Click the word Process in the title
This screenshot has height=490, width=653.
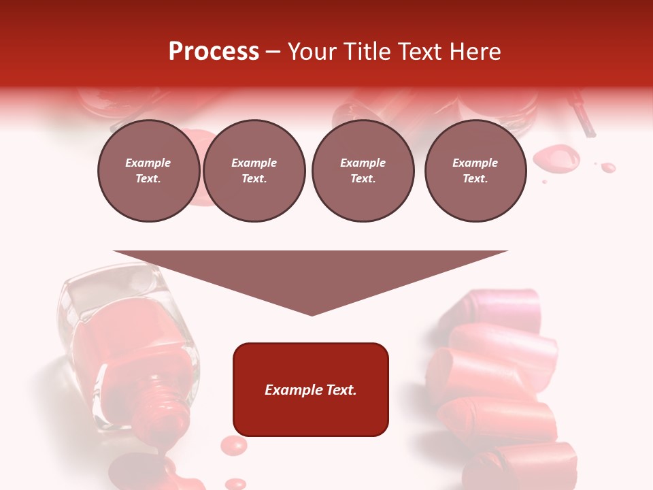click(214, 51)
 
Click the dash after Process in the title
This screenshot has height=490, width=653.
click(273, 52)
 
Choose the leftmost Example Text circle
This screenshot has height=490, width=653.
click(148, 171)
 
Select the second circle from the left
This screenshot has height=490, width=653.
click(254, 171)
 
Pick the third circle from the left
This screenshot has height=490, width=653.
click(363, 171)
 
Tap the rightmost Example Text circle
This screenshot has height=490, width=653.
click(475, 171)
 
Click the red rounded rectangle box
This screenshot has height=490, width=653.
click(311, 389)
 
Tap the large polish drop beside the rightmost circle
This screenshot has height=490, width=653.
click(556, 159)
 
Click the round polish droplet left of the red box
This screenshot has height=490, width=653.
click(233, 446)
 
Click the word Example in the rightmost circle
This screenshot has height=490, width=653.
click(475, 163)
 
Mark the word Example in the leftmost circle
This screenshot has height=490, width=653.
click(148, 163)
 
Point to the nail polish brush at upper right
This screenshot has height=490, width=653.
click(584, 112)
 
